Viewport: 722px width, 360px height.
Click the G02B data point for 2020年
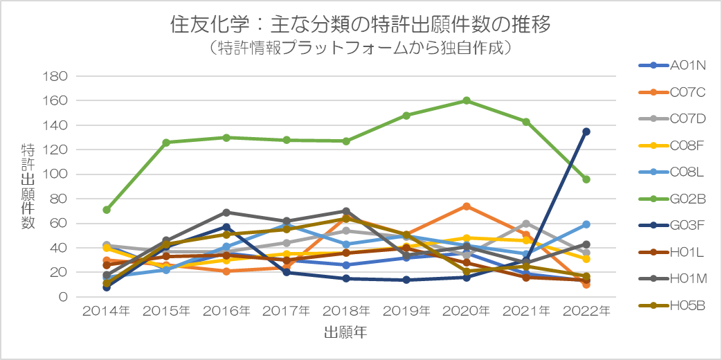467,100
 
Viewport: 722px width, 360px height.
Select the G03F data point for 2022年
586,132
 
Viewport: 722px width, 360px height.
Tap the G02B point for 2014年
107,210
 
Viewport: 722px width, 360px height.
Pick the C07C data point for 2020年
467,206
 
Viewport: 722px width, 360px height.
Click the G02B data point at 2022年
586,179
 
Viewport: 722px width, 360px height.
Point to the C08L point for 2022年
586,224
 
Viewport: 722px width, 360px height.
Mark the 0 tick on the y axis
62,297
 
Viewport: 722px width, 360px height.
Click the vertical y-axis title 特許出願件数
28,186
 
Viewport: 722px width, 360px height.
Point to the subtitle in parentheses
361,48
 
